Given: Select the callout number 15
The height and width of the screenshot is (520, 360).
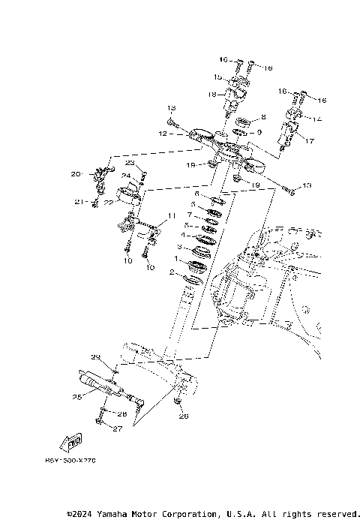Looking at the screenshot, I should click(x=215, y=77).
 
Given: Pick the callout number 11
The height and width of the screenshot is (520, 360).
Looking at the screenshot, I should click(x=172, y=216).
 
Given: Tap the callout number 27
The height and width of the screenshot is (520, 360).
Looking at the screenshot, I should click(x=117, y=428).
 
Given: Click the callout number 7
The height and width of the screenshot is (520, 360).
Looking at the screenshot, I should click(x=190, y=215).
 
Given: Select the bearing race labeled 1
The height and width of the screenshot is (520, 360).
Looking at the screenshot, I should click(x=198, y=266).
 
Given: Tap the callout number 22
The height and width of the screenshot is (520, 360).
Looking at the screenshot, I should click(x=109, y=203).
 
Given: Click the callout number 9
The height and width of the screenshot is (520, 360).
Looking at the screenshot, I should click(x=259, y=132).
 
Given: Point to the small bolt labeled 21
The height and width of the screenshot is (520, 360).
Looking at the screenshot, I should click(x=96, y=201).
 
